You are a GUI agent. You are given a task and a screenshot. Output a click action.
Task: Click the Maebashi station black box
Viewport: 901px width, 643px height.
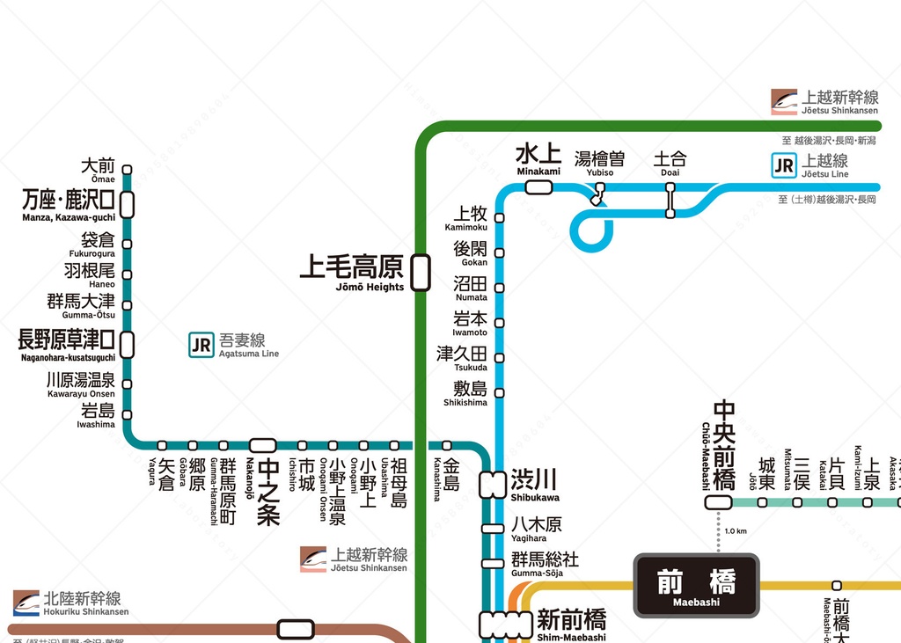[x=696, y=585]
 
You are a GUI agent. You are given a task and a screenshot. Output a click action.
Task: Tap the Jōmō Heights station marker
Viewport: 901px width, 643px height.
[x=421, y=272]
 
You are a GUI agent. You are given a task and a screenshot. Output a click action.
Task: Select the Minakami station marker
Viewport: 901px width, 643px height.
[x=538, y=186]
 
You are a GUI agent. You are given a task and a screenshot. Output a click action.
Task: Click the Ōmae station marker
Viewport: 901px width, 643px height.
[x=127, y=170]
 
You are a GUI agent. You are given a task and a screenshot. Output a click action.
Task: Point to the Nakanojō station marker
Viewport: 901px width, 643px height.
[x=262, y=445]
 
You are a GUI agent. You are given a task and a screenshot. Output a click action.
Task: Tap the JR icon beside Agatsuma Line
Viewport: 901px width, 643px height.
[x=201, y=345]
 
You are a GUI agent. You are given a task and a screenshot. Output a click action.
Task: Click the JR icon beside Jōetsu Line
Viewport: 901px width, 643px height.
[x=783, y=165]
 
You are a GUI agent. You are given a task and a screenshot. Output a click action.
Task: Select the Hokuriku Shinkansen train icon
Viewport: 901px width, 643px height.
[x=26, y=603]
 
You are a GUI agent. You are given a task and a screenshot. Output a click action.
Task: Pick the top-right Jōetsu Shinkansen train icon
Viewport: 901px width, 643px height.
[x=784, y=102]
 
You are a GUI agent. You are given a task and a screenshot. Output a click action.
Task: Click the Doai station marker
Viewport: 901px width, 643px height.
[x=670, y=200]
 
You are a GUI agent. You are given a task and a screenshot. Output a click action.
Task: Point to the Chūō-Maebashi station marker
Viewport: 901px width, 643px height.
[x=718, y=502]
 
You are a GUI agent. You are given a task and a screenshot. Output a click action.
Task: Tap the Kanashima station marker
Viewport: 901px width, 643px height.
[x=447, y=445]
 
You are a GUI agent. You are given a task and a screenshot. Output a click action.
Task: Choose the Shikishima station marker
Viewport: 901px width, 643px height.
[x=500, y=392]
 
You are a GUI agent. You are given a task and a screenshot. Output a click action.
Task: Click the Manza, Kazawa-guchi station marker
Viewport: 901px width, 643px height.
[x=127, y=204]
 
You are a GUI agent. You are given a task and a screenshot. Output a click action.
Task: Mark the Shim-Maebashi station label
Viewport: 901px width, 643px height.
[x=571, y=624]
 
